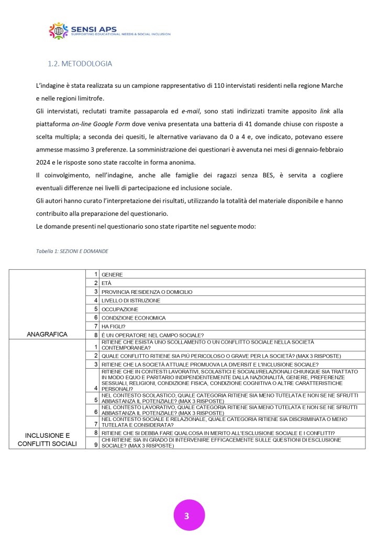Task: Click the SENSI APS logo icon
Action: tap(59, 30)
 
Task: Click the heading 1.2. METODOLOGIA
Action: tap(80, 64)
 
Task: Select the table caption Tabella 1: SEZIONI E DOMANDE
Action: tap(72, 251)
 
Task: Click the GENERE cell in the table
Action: tap(113, 274)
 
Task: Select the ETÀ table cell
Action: tap(107, 283)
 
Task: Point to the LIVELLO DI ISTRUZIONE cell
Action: tap(131, 300)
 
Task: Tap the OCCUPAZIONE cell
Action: tap(120, 309)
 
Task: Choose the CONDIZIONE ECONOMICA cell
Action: tap(133, 317)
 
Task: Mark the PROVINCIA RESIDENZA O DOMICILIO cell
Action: tap(147, 291)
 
